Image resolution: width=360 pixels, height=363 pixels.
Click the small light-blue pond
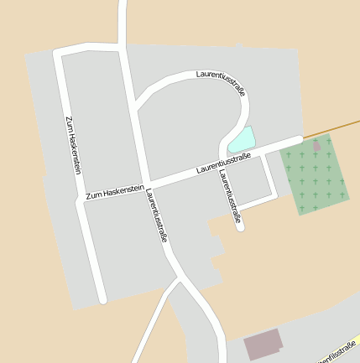point(242,139)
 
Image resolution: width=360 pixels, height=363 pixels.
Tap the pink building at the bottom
point(263,345)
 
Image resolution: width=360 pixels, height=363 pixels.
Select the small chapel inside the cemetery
point(316,146)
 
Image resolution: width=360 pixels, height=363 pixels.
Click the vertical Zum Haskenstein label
point(73,143)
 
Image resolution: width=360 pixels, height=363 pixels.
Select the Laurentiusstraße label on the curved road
point(221,82)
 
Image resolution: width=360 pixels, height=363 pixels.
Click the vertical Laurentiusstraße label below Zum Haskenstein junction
point(156,215)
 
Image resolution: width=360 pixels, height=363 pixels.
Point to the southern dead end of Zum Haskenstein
point(102,298)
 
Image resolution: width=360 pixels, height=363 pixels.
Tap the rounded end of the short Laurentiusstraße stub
point(240,226)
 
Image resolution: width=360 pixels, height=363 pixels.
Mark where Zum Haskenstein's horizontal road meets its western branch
point(81,200)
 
